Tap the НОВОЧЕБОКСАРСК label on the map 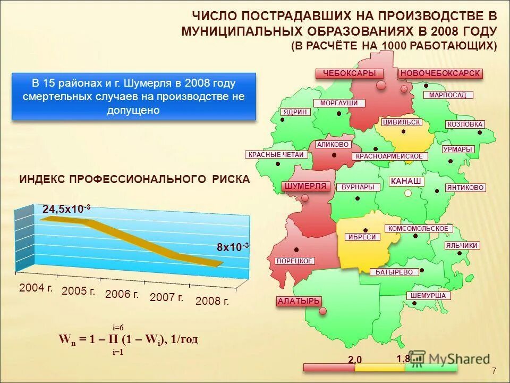point(440,73)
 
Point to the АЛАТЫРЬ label point(299,301)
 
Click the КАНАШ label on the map point(406,181)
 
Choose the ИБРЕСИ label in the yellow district point(363,237)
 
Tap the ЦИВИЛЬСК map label point(401,122)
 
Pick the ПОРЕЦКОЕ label point(295,261)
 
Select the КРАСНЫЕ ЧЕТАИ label point(276,155)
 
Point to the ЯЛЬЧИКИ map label point(462,245)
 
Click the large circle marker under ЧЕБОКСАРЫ point(381,85)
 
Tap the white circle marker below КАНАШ point(407,194)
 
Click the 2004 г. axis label point(36,288)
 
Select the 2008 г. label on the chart point(212,301)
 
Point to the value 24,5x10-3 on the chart point(66,209)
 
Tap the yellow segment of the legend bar point(379,367)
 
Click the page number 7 point(494,371)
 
